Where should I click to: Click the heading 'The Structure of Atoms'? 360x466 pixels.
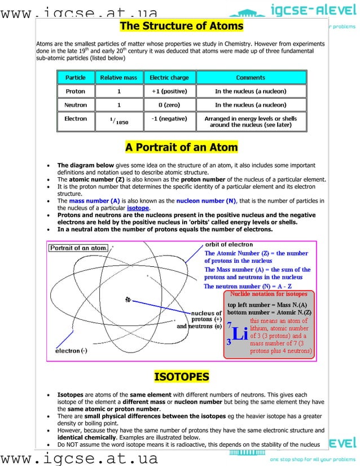click(x=181, y=27)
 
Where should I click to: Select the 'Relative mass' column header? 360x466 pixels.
click(x=118, y=77)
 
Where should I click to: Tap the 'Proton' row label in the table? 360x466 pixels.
click(x=76, y=91)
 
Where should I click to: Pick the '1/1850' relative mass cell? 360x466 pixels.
click(x=118, y=120)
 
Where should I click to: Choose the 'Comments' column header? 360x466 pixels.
click(x=251, y=77)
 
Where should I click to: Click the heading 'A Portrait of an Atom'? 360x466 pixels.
click(x=181, y=148)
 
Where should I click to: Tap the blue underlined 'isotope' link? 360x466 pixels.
click(x=138, y=208)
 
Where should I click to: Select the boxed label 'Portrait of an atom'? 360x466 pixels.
click(x=78, y=248)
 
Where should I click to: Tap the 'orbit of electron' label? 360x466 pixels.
click(x=229, y=245)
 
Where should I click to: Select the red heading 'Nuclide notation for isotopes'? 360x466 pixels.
click(x=269, y=294)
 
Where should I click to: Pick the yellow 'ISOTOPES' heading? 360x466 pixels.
click(x=181, y=377)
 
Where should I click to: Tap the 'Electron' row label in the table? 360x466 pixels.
click(x=76, y=119)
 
